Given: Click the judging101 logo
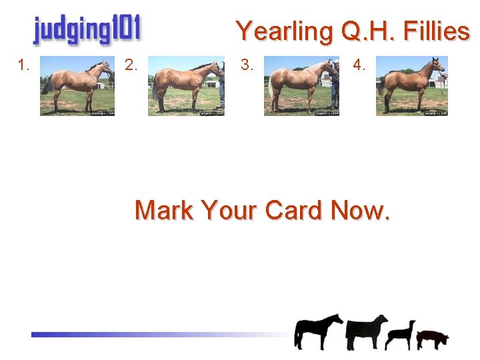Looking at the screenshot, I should pos(87,30).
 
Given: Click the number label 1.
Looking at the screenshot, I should pos(25,65).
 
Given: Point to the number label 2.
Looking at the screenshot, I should pos(131,65).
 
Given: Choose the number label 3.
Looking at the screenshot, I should pos(247,65).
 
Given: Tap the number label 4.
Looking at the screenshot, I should pos(359,65).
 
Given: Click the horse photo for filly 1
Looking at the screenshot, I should pos(77,86).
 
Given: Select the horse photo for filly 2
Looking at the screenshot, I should pos(186,86).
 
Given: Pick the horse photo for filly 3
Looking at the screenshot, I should pos(302,86).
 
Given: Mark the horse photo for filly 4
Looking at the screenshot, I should pos(411,86).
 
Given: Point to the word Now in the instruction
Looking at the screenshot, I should pos(361,210).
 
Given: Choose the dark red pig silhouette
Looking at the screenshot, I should pos(433,339).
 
